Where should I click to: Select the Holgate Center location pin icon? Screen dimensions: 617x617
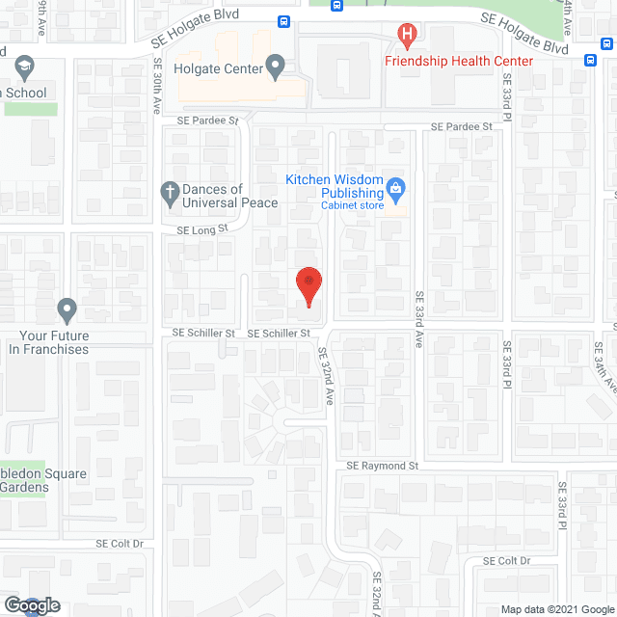[276, 68]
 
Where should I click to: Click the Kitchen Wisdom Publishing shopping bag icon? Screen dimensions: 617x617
[394, 186]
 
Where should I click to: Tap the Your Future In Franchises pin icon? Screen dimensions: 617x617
[67, 309]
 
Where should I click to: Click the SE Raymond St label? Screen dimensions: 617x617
[383, 466]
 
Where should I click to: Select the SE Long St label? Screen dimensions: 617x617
[201, 229]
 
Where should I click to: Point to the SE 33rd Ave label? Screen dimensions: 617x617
[419, 319]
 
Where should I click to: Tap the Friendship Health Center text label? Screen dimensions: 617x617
[459, 61]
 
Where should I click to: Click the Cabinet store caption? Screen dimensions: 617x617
[353, 205]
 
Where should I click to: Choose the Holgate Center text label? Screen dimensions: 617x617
[218, 68]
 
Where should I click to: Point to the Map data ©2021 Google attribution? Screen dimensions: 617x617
[556, 609]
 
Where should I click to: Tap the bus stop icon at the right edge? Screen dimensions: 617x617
[590, 58]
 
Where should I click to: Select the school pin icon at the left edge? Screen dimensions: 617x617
[24, 68]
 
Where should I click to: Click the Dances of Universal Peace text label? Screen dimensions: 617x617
[230, 196]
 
